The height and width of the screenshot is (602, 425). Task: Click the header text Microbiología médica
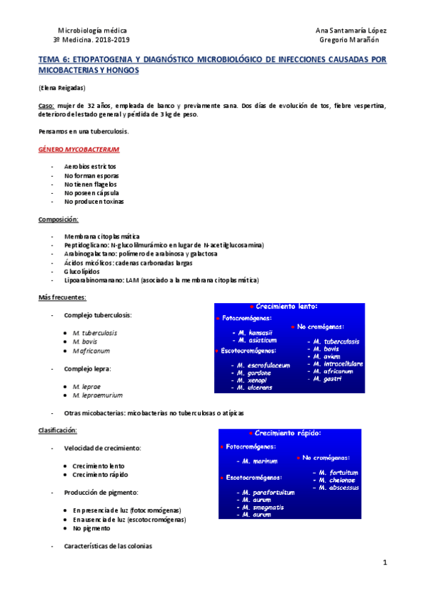click(x=92, y=31)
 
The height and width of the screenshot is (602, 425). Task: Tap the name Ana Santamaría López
click(x=350, y=31)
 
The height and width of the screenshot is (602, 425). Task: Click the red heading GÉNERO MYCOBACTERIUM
click(x=79, y=150)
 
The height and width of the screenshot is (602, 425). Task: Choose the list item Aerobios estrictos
click(x=90, y=166)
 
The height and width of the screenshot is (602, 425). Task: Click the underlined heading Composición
click(x=58, y=219)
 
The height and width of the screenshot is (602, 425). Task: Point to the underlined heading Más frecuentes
click(x=62, y=297)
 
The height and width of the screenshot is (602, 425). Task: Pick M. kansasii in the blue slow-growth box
click(x=252, y=332)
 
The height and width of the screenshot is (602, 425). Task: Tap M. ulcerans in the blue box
click(x=257, y=388)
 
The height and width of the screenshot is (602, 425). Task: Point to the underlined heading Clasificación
click(x=57, y=430)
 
